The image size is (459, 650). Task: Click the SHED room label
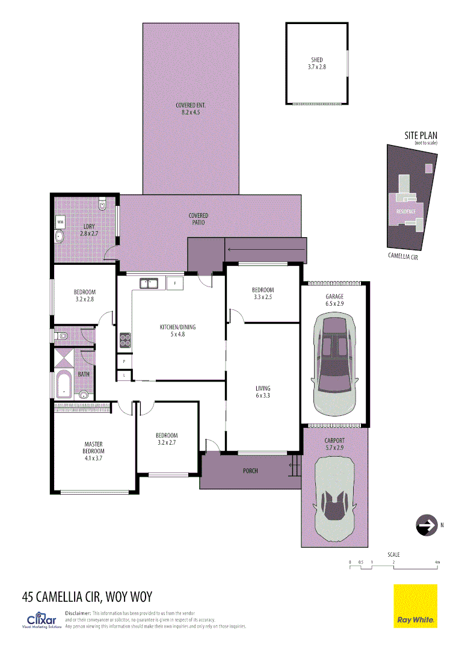[x=316, y=63]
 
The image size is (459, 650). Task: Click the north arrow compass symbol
[x=426, y=525]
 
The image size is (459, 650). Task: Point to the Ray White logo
[x=415, y=606]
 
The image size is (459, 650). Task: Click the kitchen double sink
[x=149, y=283]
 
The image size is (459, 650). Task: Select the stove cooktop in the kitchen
[x=125, y=341]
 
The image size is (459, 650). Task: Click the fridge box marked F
[x=175, y=283]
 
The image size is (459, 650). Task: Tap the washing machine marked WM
[x=60, y=222]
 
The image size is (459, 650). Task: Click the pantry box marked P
[x=124, y=361]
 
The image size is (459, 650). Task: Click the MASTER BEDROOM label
[x=94, y=448]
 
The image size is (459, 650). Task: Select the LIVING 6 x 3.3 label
[x=262, y=392]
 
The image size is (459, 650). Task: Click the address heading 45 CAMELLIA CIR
[x=87, y=597]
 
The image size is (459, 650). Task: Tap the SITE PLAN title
[x=420, y=137]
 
